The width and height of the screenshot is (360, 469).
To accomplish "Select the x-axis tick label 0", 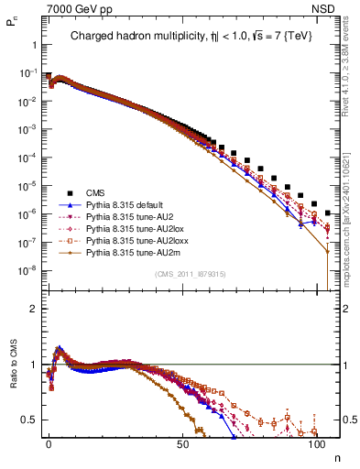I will pos(49,442).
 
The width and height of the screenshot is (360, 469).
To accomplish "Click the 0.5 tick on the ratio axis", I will pos(34,420).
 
